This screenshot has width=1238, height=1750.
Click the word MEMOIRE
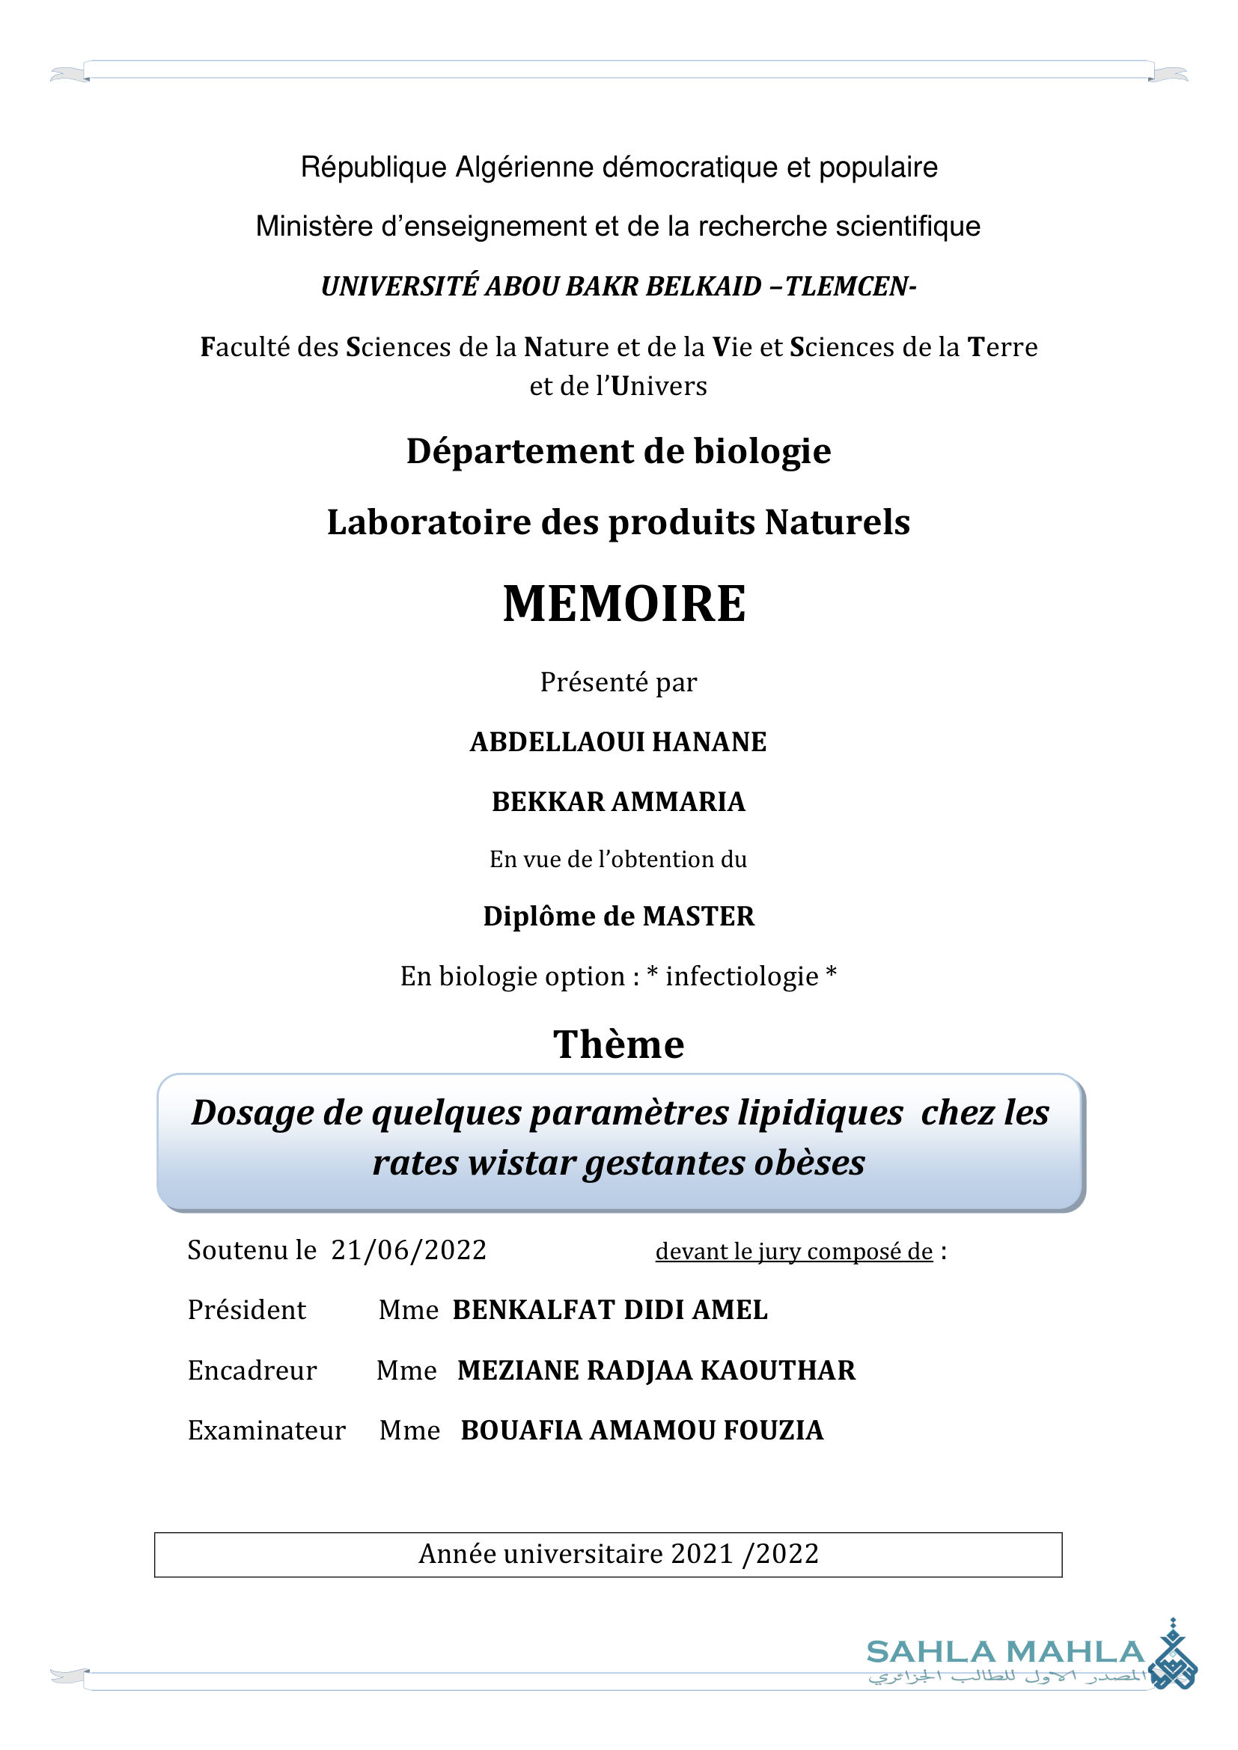tap(624, 604)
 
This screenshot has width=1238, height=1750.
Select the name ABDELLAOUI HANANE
tap(618, 741)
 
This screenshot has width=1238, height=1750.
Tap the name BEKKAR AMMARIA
tap(618, 802)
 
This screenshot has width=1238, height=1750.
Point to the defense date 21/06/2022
tap(409, 1250)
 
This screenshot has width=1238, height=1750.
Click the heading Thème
tap(618, 1044)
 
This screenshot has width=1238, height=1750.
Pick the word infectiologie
tap(742, 976)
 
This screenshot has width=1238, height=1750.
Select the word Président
tap(246, 1310)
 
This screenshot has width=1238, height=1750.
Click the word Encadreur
tap(251, 1371)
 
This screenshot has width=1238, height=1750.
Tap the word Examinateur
tap(266, 1431)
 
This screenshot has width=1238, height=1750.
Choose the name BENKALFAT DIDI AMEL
tap(610, 1310)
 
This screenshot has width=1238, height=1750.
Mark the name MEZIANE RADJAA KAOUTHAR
tap(656, 1371)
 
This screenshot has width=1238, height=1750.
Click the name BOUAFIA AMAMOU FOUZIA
tap(642, 1431)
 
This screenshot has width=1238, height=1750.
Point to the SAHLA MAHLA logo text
tap(1004, 1653)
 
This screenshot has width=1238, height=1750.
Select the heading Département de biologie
tap(618, 451)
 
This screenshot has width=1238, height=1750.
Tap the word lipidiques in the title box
tap(820, 1113)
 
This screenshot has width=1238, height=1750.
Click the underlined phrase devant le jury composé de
tap(793, 1252)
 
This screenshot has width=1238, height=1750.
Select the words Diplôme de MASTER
tap(618, 917)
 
